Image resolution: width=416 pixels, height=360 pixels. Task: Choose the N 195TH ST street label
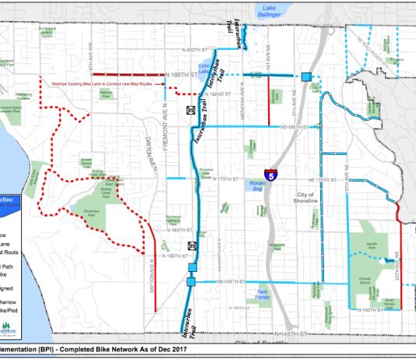pyautogui.click(x=178, y=75)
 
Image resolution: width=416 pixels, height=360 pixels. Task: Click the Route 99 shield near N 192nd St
pyautogui.click(x=191, y=110)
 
